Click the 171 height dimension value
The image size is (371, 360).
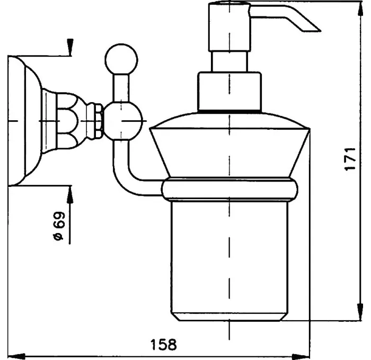[x=349, y=159]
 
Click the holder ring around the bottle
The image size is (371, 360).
[x=229, y=190]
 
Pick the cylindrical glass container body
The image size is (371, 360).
[x=229, y=254]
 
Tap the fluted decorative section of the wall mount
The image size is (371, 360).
[x=69, y=120]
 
